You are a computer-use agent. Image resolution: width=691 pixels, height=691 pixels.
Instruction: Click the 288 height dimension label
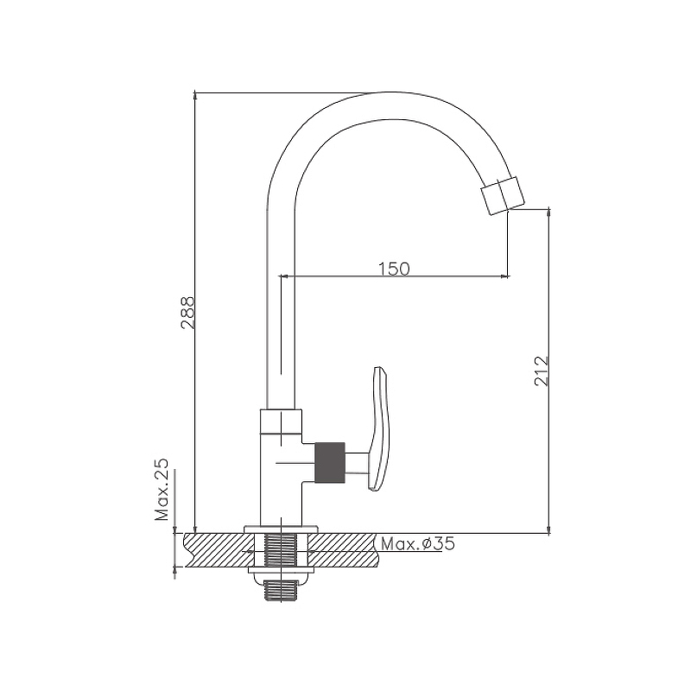[x=187, y=313]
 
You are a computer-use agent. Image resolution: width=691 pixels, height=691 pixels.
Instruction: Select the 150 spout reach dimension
[x=394, y=269]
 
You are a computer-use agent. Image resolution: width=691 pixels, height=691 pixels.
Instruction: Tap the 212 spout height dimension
[x=542, y=371]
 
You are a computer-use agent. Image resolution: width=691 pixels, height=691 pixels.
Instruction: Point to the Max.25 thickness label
[x=162, y=490]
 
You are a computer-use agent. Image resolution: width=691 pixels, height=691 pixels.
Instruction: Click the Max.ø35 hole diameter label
[x=418, y=544]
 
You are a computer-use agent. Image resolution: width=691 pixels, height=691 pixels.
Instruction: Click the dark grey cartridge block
[x=329, y=463]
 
